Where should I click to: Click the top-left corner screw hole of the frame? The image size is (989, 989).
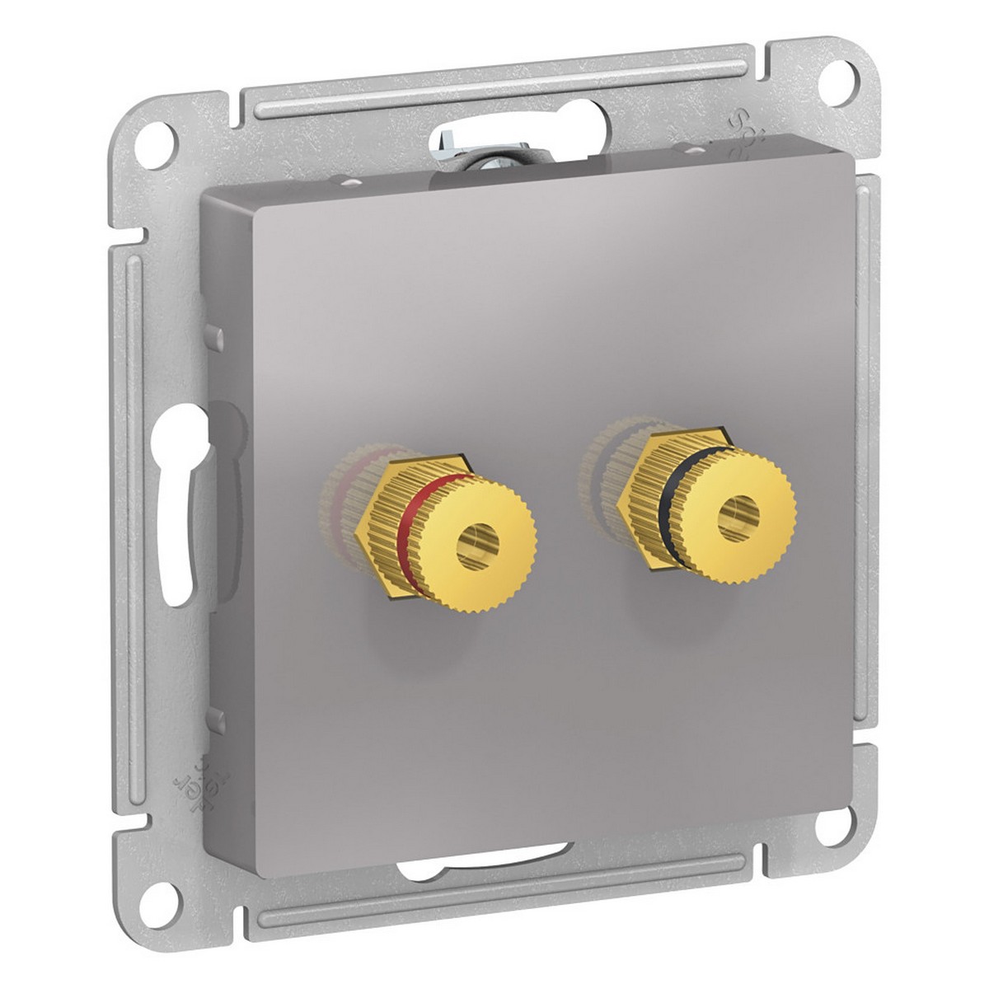click(161, 134)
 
